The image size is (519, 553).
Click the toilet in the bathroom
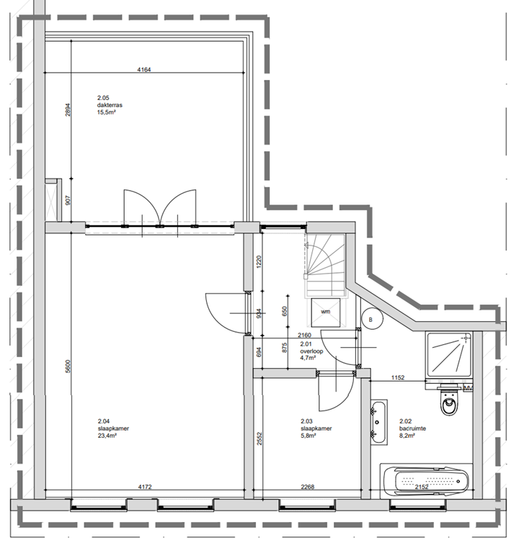point(449,403)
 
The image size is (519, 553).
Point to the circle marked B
point(371,318)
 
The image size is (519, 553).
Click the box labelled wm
point(326,312)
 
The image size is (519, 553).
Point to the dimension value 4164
point(148,70)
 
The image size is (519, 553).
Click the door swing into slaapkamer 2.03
point(334,392)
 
